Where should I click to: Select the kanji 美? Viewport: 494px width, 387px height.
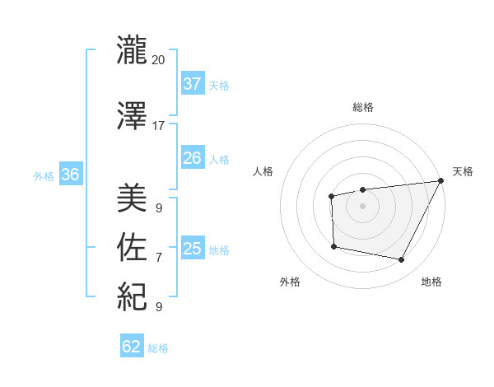(133, 198)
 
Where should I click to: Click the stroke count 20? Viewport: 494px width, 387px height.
(159, 60)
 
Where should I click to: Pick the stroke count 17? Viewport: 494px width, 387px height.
(159, 126)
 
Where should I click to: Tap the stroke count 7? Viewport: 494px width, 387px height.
(159, 258)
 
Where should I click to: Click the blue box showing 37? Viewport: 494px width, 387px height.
(192, 83)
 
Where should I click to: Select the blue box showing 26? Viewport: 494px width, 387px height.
(192, 157)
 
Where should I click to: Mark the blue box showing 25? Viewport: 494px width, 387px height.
(192, 248)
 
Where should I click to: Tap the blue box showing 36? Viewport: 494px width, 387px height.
(70, 174)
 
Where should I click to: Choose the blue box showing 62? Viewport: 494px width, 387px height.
(132, 347)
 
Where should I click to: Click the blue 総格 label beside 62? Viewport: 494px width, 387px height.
(158, 348)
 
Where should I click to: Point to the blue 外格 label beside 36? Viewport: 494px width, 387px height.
(43, 175)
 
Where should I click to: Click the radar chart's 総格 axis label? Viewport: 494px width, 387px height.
(362, 107)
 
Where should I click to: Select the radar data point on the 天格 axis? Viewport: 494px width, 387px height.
(440, 181)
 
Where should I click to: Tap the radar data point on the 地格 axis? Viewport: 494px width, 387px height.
(402, 260)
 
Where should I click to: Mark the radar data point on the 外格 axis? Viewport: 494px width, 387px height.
(333, 246)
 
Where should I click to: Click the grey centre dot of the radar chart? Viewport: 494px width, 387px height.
(362, 204)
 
